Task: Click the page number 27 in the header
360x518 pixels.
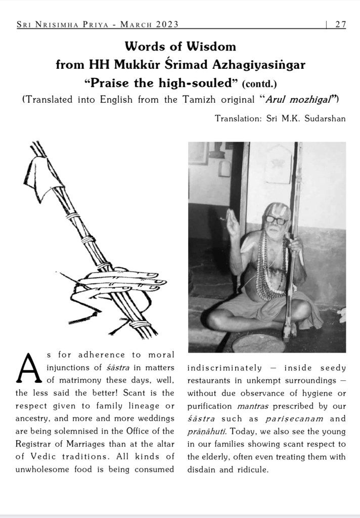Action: (340, 25)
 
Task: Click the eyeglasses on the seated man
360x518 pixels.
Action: (276, 220)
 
